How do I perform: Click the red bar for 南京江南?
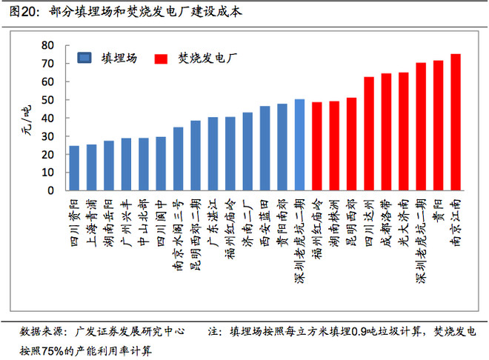tap(456, 122)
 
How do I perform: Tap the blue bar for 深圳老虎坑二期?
tap(299, 145)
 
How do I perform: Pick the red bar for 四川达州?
tap(369, 133)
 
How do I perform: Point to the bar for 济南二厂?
tap(247, 152)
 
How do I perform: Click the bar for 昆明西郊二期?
tap(196, 156)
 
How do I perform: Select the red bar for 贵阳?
tap(438, 125)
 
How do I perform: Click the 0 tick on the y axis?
tap(50, 190)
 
